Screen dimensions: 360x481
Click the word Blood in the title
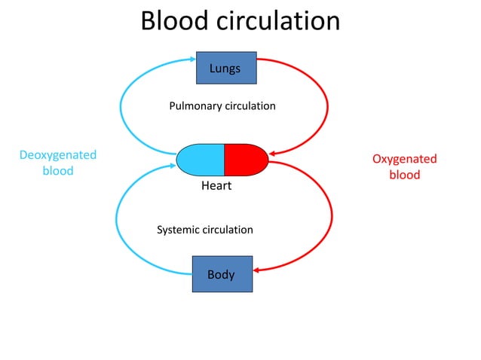click(176, 21)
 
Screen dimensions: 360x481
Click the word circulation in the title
click(278, 21)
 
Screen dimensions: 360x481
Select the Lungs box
click(225, 68)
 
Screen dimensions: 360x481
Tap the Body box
click(222, 274)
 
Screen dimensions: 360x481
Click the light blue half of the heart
click(201, 159)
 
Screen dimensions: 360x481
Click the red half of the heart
click(246, 159)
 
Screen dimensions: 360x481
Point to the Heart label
click(216, 186)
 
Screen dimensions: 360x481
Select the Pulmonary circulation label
click(222, 106)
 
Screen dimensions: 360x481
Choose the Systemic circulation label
click(204, 229)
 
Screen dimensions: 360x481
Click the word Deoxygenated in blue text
click(58, 155)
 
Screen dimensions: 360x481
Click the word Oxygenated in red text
click(404, 159)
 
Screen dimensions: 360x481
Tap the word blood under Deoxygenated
click(58, 171)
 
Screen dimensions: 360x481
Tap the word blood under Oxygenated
click(404, 175)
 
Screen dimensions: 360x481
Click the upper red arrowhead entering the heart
click(273, 154)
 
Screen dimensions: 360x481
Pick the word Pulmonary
click(195, 106)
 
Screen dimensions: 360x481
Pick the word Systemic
click(178, 229)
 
